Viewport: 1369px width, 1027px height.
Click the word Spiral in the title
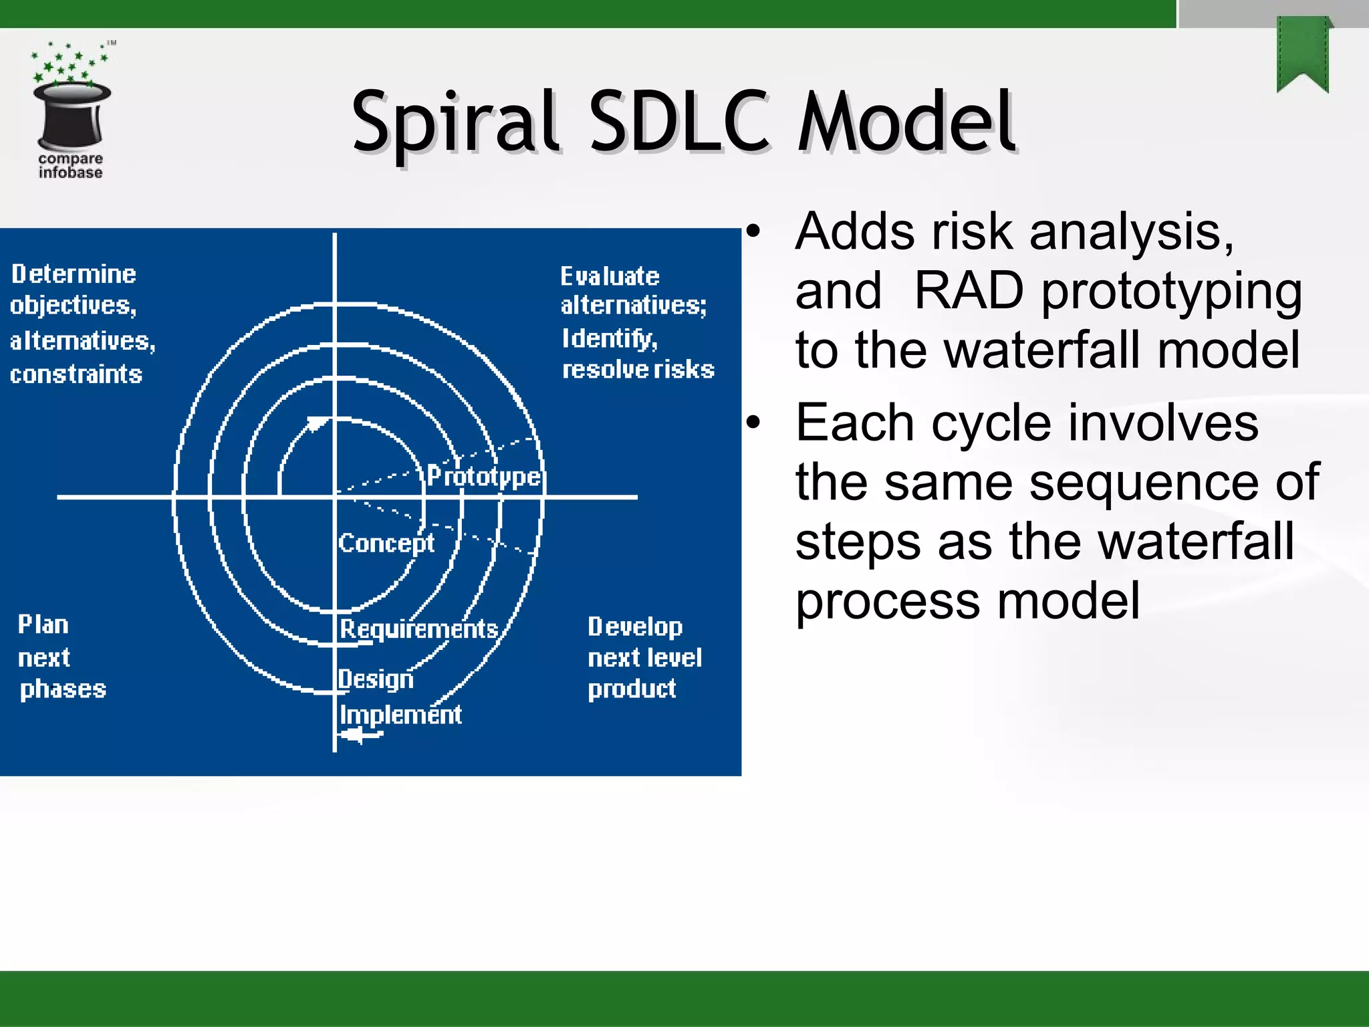click(455, 124)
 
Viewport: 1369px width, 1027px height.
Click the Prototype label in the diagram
click(484, 476)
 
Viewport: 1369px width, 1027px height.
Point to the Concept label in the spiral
click(386, 543)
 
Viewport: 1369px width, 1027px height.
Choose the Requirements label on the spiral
click(419, 629)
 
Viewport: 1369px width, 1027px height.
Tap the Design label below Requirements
click(376, 679)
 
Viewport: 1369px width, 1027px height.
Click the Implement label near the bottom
click(400, 715)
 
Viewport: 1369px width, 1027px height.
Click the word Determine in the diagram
click(74, 274)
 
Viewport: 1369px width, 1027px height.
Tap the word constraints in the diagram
click(76, 374)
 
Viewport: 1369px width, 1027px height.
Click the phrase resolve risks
click(638, 370)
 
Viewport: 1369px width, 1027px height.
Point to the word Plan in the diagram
click(43, 624)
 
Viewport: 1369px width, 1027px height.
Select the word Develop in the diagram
click(635, 626)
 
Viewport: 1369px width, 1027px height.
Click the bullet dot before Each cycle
click(753, 423)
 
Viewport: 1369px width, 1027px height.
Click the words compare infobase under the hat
click(70, 166)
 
